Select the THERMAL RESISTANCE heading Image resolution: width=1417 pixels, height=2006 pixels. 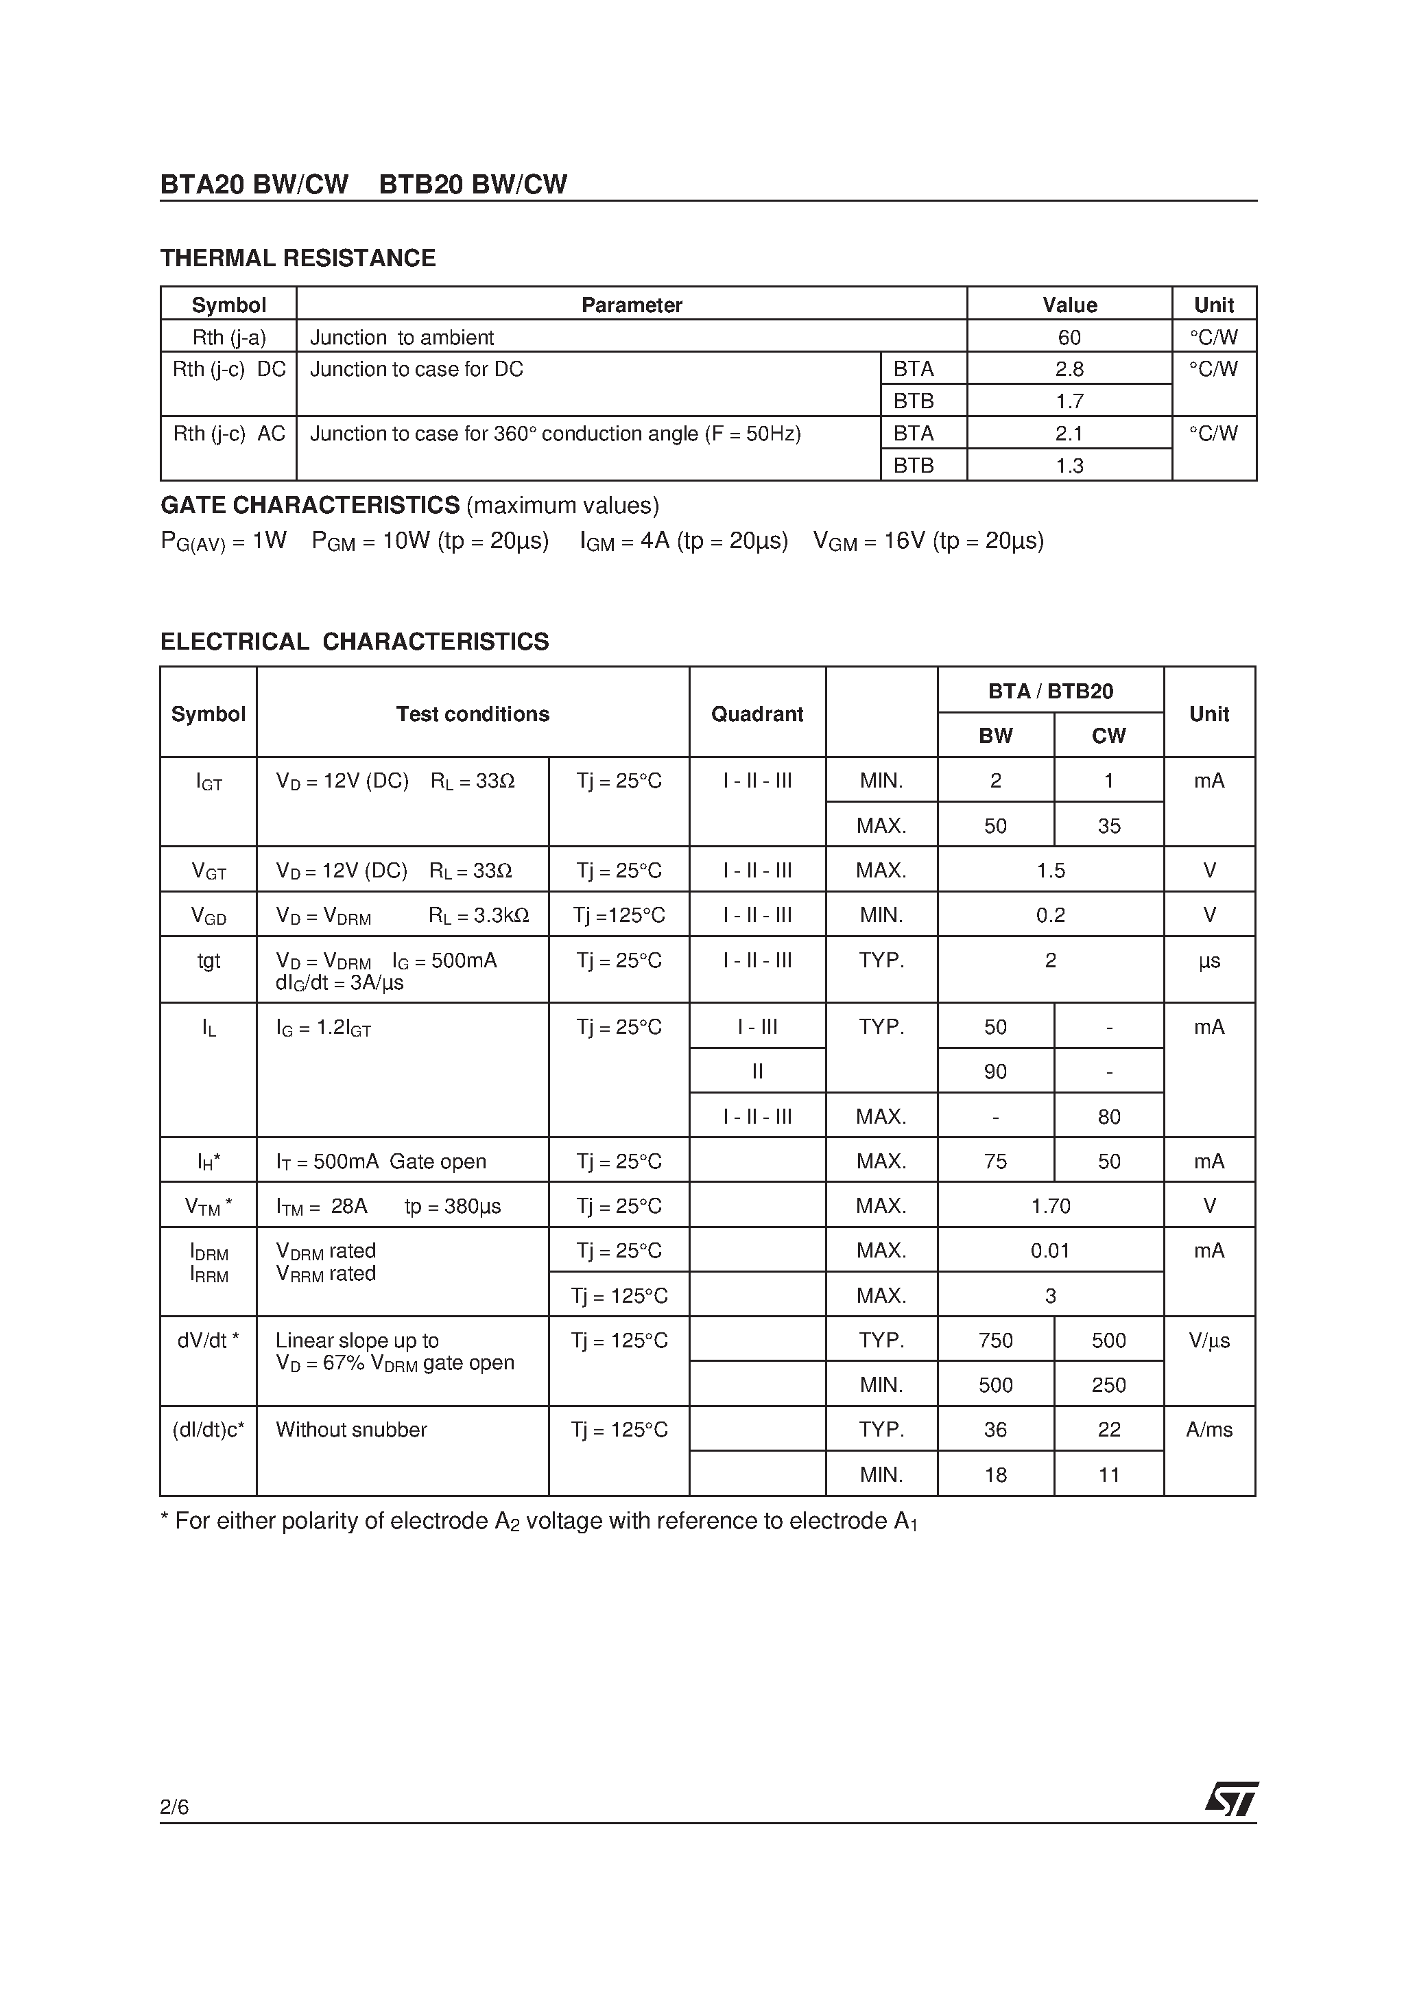pyautogui.click(x=298, y=258)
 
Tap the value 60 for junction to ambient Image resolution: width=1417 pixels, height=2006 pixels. pyautogui.click(x=1069, y=338)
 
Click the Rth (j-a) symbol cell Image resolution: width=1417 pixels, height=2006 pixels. pyautogui.click(x=229, y=338)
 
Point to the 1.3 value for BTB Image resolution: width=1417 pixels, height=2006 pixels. pyautogui.click(x=1069, y=466)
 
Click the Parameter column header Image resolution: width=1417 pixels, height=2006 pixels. pyautogui.click(x=631, y=305)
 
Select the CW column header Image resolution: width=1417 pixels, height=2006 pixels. pyautogui.click(x=1108, y=735)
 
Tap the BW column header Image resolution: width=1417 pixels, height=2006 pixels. pyautogui.click(x=995, y=735)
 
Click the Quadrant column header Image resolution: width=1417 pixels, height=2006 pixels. pyautogui.click(x=757, y=713)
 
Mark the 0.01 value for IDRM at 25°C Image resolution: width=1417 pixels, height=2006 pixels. pyautogui.click(x=1050, y=1250)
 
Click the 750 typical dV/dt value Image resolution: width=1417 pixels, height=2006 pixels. pyautogui.click(x=995, y=1341)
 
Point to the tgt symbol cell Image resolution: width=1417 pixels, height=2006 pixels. pyautogui.click(x=209, y=960)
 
